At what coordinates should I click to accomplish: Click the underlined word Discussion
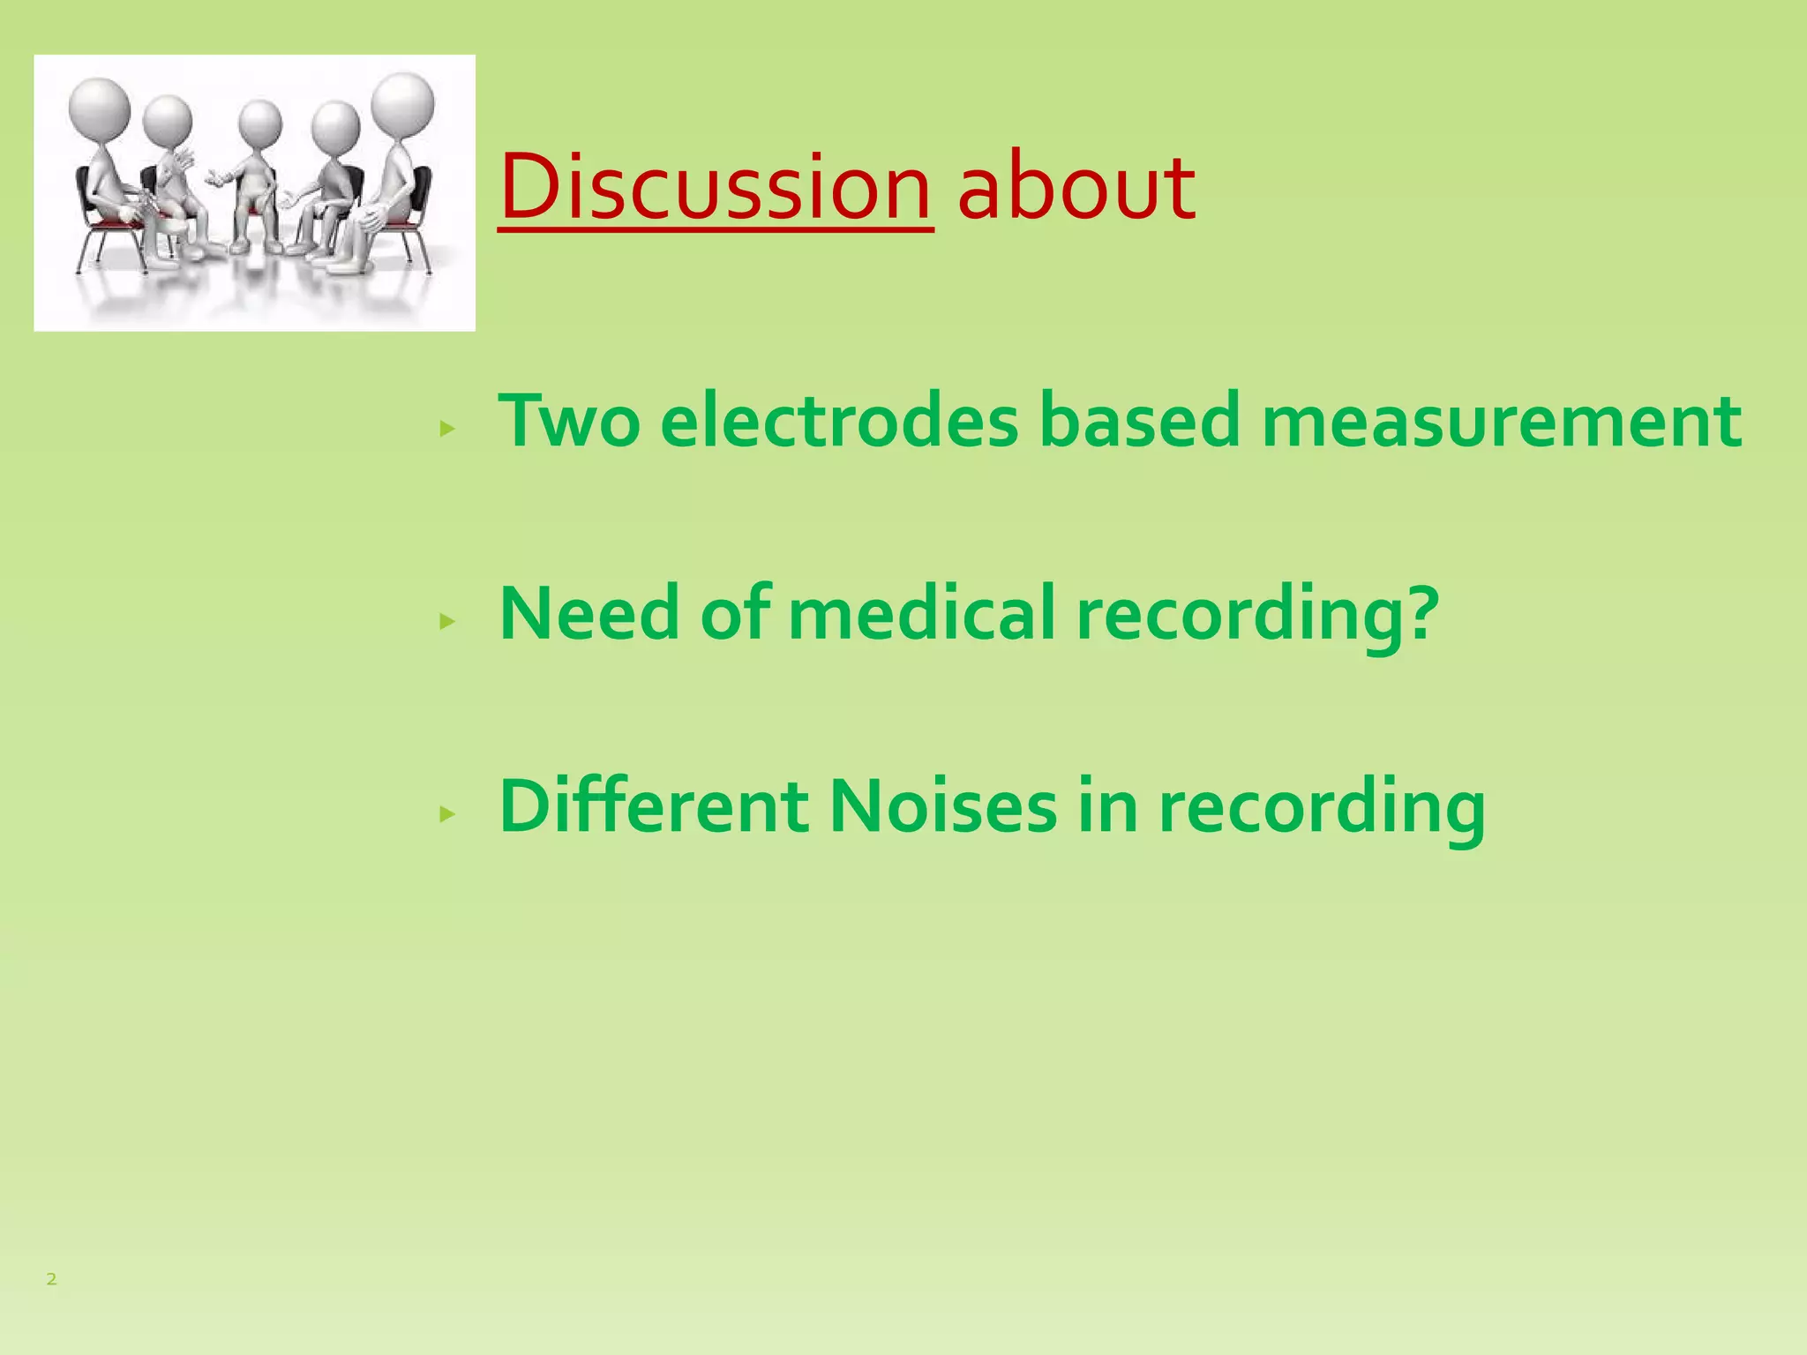point(715,187)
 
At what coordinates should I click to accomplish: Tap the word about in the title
point(1076,187)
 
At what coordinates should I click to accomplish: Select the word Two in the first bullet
point(569,421)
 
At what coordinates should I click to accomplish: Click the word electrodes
point(839,421)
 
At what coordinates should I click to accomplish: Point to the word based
point(1139,421)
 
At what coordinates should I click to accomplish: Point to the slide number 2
point(51,1279)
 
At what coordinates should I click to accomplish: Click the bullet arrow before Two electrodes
point(447,429)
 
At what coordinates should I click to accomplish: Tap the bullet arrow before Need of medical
point(447,621)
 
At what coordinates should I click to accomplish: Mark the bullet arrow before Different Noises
point(447,813)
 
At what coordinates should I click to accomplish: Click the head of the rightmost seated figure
point(403,103)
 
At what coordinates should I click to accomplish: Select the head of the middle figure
point(260,124)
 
